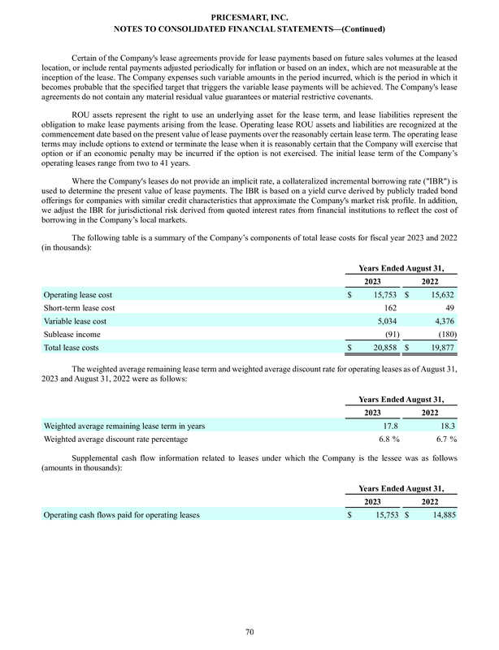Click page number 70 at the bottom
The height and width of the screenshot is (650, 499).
(249, 630)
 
